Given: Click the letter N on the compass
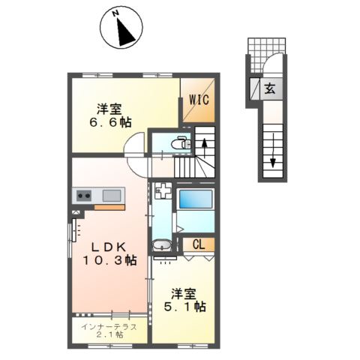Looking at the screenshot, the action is (115, 13).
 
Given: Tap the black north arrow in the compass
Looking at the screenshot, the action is (126, 33).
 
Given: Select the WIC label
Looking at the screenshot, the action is (199, 100).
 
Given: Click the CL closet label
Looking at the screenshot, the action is (199, 244).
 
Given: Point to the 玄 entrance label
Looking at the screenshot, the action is (270, 88).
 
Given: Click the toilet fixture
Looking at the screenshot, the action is (181, 142).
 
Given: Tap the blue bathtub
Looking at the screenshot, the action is (196, 199).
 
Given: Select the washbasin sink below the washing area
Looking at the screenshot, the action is (162, 245).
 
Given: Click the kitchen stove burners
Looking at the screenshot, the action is (84, 196).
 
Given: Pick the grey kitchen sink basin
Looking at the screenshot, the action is (112, 196).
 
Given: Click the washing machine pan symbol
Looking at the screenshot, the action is (163, 190).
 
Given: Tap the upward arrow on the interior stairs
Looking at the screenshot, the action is (205, 148).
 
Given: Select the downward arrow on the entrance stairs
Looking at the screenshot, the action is (273, 151).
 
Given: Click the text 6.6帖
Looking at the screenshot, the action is (110, 122).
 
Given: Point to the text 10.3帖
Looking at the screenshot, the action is (109, 261).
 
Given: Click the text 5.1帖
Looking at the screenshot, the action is (185, 307).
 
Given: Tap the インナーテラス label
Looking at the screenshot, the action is (109, 326).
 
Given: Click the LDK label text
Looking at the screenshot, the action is (108, 247).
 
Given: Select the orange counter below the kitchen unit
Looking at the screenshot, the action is (109, 207).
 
